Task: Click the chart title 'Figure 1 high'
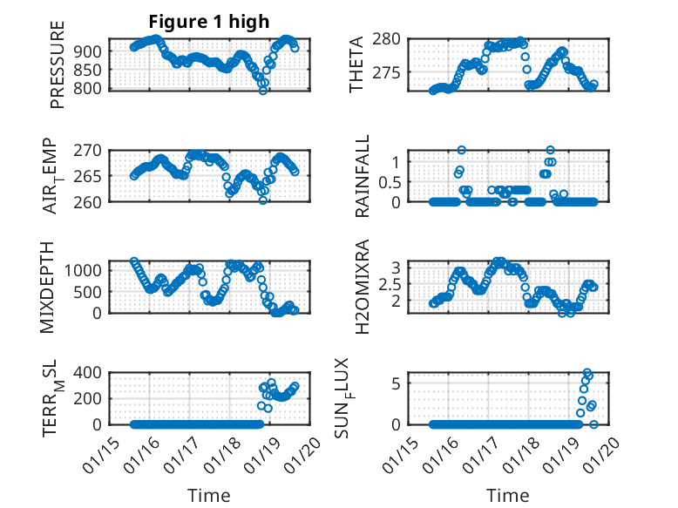208,21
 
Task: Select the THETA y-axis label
357,64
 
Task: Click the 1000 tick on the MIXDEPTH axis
86,270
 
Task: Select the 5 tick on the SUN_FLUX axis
395,383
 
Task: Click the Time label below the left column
209,496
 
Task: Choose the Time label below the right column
507,496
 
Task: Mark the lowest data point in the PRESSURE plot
262,91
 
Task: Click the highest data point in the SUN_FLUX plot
587,373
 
